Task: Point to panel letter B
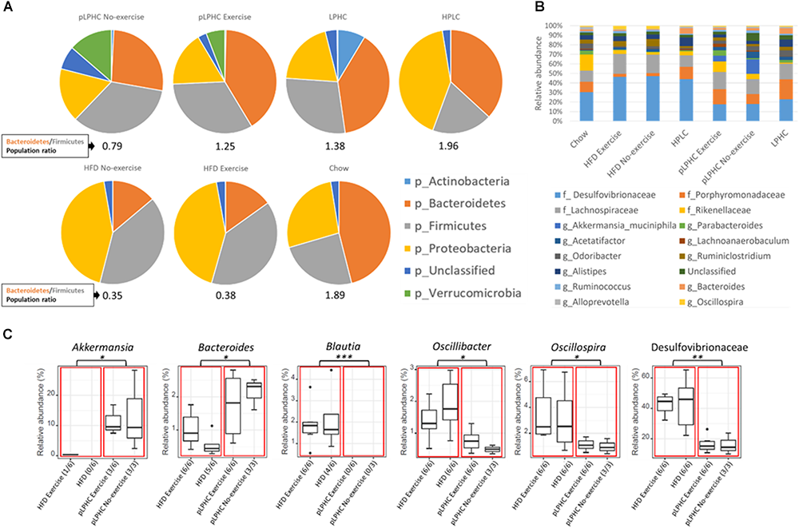[519, 8]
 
